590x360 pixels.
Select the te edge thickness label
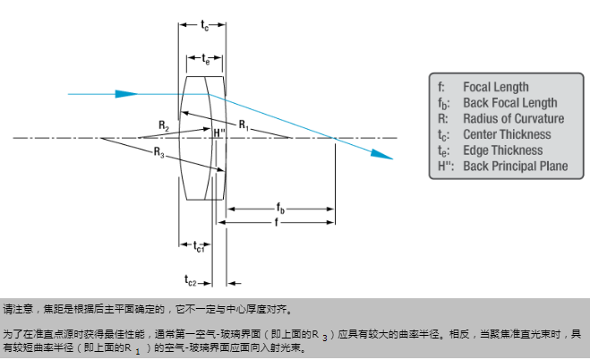(205, 60)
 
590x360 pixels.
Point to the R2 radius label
(162, 125)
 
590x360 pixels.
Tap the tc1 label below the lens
(199, 246)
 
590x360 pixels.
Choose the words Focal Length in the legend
(495, 87)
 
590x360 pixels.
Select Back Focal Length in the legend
(509, 103)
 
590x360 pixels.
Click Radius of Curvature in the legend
(513, 118)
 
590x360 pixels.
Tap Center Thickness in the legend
(507, 134)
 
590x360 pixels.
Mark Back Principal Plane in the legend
(514, 166)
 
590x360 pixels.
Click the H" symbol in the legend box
(445, 166)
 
